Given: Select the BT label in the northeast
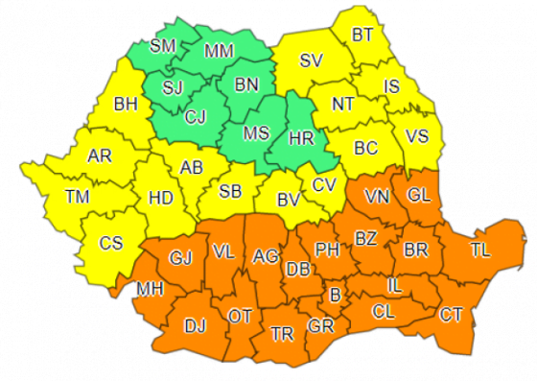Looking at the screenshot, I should click(362, 36).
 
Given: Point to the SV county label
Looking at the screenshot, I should click(310, 60).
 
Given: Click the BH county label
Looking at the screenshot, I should click(126, 104).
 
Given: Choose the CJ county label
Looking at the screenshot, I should click(196, 118).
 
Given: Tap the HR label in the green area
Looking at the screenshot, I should click(303, 137).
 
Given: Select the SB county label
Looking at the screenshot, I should click(230, 191).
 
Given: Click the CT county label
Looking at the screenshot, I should click(452, 314).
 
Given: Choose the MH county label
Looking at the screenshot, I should click(150, 288).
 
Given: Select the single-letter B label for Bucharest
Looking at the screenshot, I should click(335, 294).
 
